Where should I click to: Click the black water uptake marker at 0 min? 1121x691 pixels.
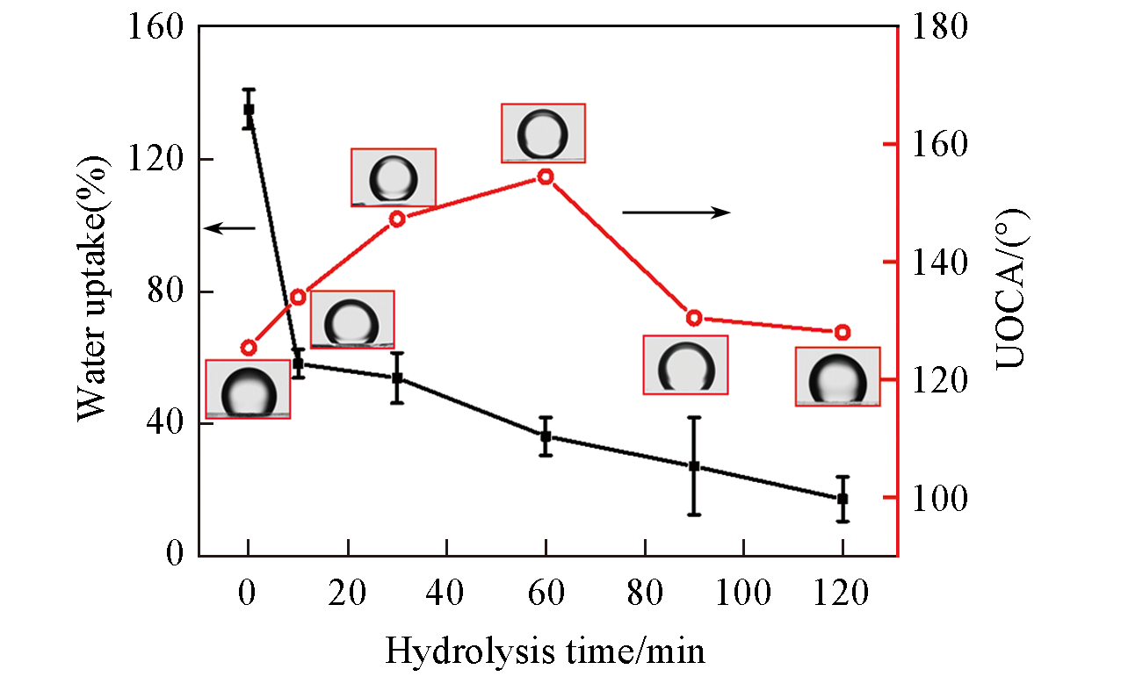pos(249,109)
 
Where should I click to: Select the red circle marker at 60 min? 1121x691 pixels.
pos(546,176)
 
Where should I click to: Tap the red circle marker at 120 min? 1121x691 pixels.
pos(843,332)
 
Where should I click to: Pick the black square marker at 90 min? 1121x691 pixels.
pos(694,466)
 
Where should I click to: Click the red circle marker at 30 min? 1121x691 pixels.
pos(397,219)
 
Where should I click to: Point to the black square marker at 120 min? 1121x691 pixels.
pos(843,499)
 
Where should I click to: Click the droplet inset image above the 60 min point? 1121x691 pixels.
pos(543,133)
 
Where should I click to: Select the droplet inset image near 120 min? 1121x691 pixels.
pos(837,377)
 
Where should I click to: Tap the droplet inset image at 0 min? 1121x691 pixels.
pos(248,389)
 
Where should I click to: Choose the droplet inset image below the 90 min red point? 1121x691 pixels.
pos(685,364)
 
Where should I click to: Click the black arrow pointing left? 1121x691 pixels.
pos(229,228)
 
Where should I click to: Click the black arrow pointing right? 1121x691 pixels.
pos(676,212)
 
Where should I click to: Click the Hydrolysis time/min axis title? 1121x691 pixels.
pos(545,652)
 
